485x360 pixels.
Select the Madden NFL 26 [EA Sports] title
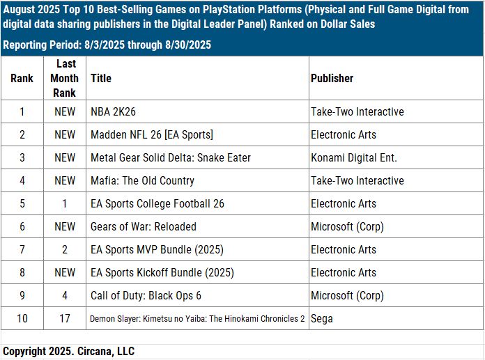pos(152,134)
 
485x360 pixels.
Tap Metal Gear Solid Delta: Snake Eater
pos(171,157)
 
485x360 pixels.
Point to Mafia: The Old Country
pos(142,180)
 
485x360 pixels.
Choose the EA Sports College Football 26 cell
pos(157,203)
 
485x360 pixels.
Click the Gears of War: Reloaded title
pos(144,226)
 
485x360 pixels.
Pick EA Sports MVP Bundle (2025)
pos(157,249)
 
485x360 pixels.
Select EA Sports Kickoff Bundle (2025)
pos(162,272)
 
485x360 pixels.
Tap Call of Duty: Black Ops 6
pos(146,295)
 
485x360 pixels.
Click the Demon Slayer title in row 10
pos(197,318)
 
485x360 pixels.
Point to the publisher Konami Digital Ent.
pos(354,157)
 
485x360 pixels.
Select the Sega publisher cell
pos(322,318)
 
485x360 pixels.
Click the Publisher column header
pos(332,78)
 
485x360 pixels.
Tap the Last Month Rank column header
pos(64,78)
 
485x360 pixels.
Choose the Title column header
pos(101,78)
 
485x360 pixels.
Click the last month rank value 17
pos(64,318)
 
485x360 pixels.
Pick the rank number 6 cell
pos(22,226)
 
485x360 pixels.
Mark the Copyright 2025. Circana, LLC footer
pos(68,352)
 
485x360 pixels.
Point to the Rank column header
pos(22,78)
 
